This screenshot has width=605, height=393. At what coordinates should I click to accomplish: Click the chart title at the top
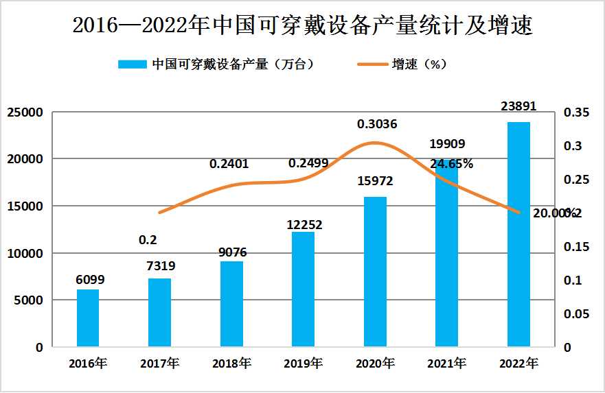302,25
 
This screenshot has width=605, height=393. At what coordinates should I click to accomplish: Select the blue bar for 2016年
88,318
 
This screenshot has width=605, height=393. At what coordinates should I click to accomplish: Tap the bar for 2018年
231,304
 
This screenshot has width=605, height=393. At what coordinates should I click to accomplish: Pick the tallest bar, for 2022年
518,235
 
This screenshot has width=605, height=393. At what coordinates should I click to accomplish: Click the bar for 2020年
375,272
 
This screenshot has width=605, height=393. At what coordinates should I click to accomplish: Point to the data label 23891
518,106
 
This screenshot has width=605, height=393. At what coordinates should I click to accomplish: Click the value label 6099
90,280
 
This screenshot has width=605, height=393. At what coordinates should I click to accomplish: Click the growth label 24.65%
451,164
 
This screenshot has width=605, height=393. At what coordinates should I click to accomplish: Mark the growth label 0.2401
229,164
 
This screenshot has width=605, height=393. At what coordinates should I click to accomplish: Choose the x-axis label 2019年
303,363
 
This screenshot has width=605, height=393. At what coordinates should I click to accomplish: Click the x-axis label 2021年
446,363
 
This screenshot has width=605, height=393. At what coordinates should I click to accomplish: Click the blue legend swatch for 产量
132,64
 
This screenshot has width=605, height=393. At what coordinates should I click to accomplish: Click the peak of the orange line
374,143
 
